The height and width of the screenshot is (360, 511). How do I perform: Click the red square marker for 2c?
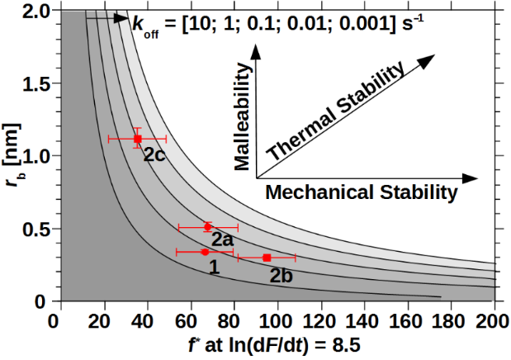click(137, 139)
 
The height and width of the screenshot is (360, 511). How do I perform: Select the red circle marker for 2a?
click(207, 226)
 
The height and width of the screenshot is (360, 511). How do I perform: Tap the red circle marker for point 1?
click(205, 252)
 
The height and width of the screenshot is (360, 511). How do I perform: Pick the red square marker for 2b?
click(267, 258)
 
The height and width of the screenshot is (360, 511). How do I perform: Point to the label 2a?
click(221, 239)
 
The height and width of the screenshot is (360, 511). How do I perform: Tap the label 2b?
click(282, 275)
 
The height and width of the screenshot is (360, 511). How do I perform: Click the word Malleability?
click(242, 119)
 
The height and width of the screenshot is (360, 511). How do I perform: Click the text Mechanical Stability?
click(361, 192)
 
